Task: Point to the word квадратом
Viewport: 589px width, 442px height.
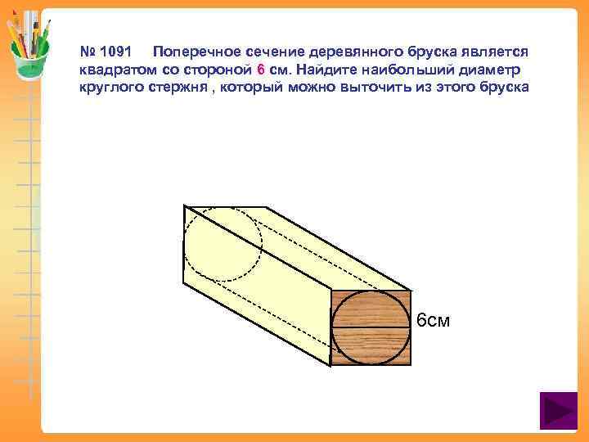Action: point(114,69)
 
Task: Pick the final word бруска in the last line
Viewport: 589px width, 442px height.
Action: point(503,87)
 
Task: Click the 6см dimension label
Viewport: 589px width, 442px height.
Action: point(434,320)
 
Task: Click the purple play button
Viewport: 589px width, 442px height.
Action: point(559,411)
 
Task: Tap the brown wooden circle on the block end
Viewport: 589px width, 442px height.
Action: point(371,327)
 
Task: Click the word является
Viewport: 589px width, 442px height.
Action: point(497,51)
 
